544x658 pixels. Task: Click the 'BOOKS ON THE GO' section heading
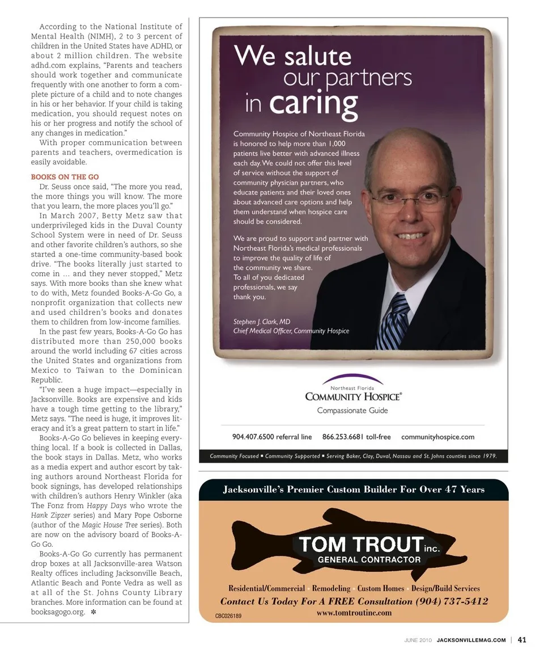(65, 177)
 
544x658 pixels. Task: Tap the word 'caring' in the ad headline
(313, 104)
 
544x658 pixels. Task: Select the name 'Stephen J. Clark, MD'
(262, 322)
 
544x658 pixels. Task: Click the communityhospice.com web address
(437, 437)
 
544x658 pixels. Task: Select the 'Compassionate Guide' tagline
(352, 410)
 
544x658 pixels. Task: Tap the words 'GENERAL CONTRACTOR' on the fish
(369, 559)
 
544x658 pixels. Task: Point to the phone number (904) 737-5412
(452, 601)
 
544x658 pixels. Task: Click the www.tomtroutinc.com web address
(354, 613)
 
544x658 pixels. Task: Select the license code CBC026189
(228, 615)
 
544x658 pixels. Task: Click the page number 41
(522, 640)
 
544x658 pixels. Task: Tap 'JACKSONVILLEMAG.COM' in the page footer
(471, 640)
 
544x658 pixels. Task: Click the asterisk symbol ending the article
(93, 613)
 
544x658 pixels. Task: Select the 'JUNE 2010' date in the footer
(418, 640)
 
